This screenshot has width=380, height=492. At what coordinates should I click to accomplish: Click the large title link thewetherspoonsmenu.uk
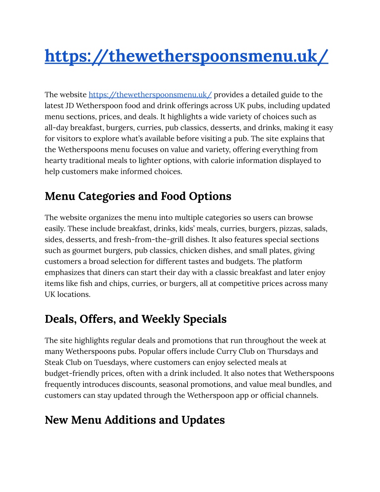pyautogui.click(x=186, y=56)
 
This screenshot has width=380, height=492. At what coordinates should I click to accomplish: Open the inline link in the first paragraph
pyautogui.click(x=150, y=95)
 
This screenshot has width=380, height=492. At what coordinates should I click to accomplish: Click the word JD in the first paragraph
pyautogui.click(x=69, y=106)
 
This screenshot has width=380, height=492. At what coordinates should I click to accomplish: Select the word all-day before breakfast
pyautogui.click(x=56, y=128)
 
